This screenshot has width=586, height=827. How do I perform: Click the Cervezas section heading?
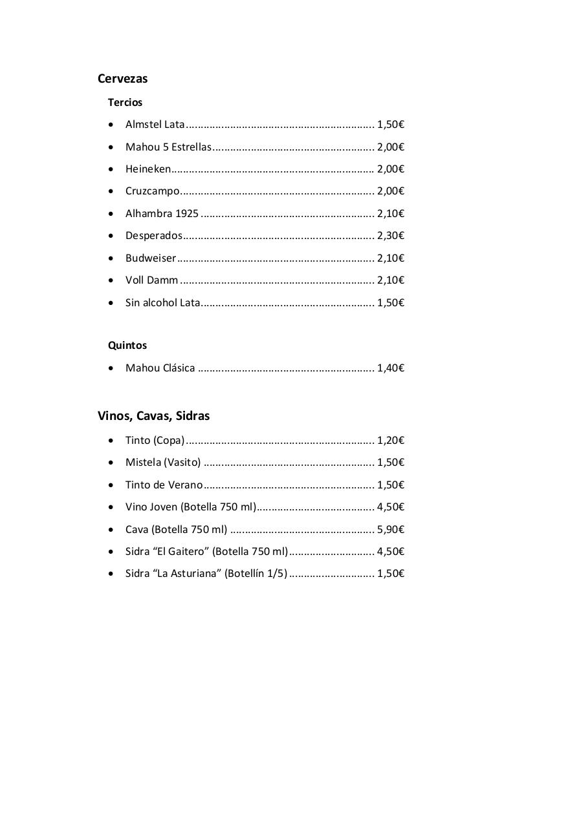(123, 79)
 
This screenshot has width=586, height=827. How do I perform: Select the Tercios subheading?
(125, 102)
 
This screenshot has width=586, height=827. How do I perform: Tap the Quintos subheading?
(127, 345)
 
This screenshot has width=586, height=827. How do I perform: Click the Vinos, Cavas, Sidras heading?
(154, 416)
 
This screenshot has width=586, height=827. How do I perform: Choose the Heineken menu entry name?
(148, 169)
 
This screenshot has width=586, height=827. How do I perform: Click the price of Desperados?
(391, 236)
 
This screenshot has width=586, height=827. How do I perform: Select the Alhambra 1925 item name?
(162, 214)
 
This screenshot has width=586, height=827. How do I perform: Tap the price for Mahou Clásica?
(391, 368)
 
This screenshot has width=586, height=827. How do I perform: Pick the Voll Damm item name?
(152, 280)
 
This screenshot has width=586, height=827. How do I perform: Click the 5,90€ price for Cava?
(391, 530)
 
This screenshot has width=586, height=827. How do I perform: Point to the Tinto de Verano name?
(164, 485)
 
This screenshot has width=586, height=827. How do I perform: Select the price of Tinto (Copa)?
(391, 441)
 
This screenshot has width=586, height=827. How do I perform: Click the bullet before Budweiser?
(111, 258)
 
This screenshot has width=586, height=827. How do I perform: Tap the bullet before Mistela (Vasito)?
(111, 463)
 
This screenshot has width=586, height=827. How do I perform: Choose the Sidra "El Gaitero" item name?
(206, 552)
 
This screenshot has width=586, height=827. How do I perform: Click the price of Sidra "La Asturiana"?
(391, 574)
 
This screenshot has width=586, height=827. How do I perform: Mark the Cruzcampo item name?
(153, 191)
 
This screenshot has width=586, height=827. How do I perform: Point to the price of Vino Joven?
(391, 507)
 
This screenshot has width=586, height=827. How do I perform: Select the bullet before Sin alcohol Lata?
(111, 303)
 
